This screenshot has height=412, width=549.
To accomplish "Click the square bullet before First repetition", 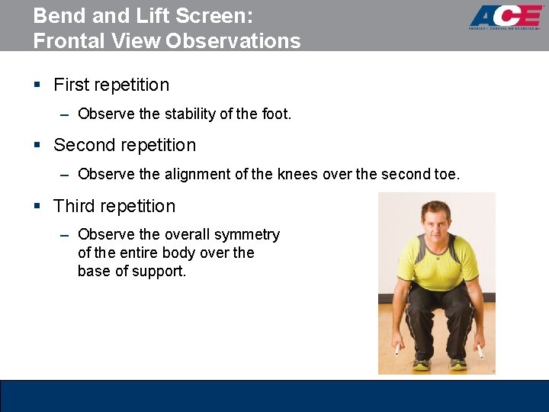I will [37, 85].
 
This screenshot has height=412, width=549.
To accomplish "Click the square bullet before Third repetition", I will [37, 207].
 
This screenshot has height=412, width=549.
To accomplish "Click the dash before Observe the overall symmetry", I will [65, 235].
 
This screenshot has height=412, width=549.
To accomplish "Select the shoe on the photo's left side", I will [421, 364].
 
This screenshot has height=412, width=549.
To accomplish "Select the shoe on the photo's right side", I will [457, 364].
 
